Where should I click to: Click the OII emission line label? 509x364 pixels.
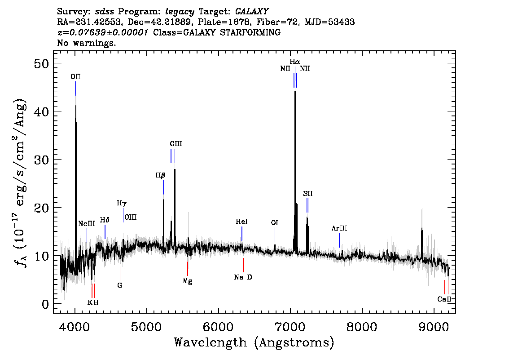click(x=75, y=77)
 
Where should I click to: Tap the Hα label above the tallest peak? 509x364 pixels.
click(x=294, y=62)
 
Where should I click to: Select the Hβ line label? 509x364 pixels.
click(x=160, y=176)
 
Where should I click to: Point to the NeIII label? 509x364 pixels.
click(x=86, y=224)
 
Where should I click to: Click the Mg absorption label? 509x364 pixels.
click(x=188, y=281)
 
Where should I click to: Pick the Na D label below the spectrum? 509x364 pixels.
click(x=243, y=277)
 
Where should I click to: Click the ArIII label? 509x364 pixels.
click(x=339, y=228)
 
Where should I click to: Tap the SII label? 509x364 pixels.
click(x=307, y=194)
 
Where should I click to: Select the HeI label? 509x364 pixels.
click(x=241, y=222)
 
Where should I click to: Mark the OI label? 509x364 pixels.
click(x=275, y=222)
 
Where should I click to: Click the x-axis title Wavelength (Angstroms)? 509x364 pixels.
click(x=254, y=343)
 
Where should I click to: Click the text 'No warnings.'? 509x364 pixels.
click(x=87, y=43)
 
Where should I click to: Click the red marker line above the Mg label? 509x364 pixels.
click(x=188, y=269)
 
